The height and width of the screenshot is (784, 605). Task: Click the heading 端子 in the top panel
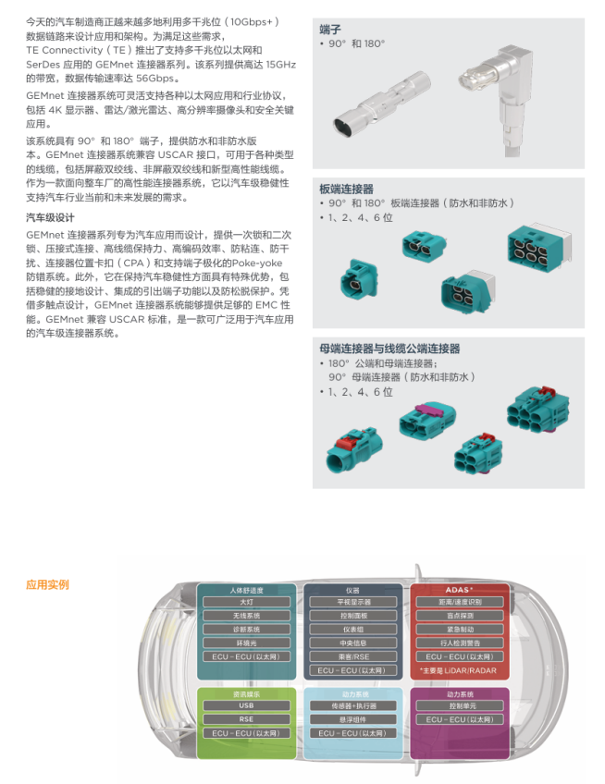point(330,29)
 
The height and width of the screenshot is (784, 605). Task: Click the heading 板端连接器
point(346,190)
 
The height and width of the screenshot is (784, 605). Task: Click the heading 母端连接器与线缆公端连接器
point(389,349)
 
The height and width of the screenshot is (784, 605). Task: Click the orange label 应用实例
point(47,585)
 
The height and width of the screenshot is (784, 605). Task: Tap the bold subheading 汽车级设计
point(50,218)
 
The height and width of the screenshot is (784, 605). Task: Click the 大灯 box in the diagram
point(247,602)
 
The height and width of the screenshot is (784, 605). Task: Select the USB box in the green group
point(247,705)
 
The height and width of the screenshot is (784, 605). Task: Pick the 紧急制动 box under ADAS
point(459,629)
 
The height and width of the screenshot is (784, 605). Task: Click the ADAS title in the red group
point(459,589)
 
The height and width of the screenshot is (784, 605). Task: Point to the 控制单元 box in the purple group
point(459,705)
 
